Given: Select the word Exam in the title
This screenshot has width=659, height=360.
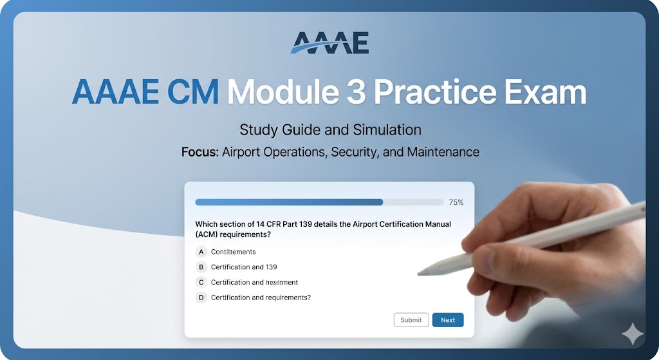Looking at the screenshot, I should pyautogui.click(x=546, y=93).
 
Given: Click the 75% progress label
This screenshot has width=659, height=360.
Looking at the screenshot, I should pyautogui.click(x=456, y=202).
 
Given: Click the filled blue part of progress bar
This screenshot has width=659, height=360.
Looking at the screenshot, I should pyautogui.click(x=289, y=202).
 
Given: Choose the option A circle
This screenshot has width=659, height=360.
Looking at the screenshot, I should pyautogui.click(x=201, y=252).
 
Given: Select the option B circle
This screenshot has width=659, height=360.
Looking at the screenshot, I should pyautogui.click(x=201, y=267).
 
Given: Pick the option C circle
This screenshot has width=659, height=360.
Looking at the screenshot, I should pyautogui.click(x=201, y=282).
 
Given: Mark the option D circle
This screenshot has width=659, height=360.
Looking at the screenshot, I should pyautogui.click(x=201, y=298).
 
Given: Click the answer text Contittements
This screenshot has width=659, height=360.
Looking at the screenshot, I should pyautogui.click(x=233, y=252).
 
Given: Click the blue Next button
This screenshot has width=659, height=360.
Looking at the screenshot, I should pyautogui.click(x=447, y=320).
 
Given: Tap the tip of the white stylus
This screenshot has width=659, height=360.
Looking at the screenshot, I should pyautogui.click(x=420, y=273).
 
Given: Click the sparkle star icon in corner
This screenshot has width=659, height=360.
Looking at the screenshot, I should pyautogui.click(x=633, y=334).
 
